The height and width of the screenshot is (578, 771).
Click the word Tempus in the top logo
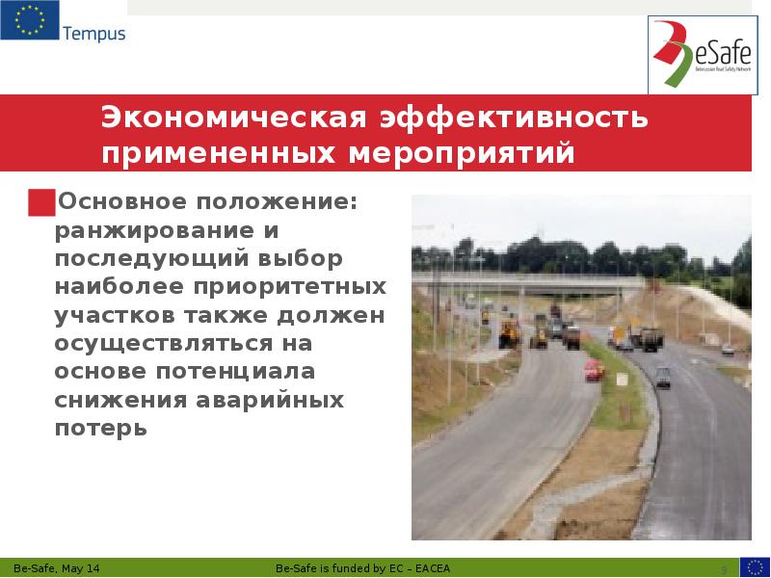click(x=94, y=35)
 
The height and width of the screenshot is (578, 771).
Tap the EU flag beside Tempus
click(x=29, y=21)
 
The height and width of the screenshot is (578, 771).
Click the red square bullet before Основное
click(x=41, y=203)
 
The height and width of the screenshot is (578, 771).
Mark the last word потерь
click(x=101, y=427)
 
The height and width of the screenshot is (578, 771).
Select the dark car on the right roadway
click(x=663, y=377)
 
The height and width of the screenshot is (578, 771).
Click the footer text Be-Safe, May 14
click(x=57, y=568)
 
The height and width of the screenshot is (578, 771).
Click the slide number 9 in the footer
click(x=724, y=568)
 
